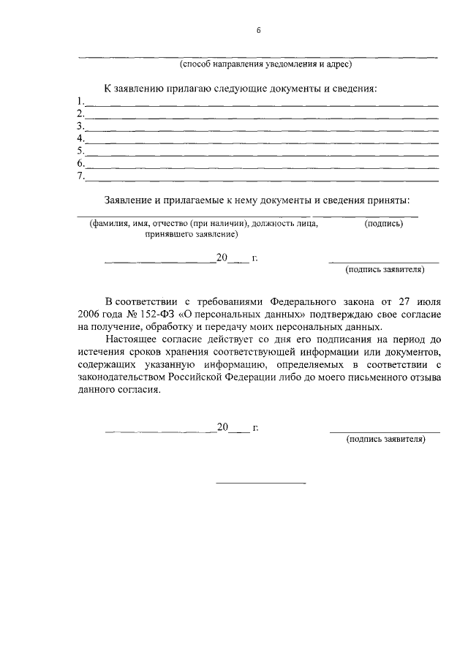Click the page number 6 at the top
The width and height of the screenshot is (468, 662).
tap(259, 30)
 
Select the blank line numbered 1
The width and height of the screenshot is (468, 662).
tap(262, 105)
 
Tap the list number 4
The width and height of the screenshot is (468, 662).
tap(80, 138)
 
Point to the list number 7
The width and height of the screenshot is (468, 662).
tap(80, 176)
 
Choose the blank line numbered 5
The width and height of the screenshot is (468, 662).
tap(262, 155)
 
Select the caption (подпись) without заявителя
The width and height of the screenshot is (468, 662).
tap(383, 223)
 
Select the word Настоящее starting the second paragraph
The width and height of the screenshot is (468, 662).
tap(130, 339)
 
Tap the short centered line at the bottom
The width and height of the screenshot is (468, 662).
tap(260, 483)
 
